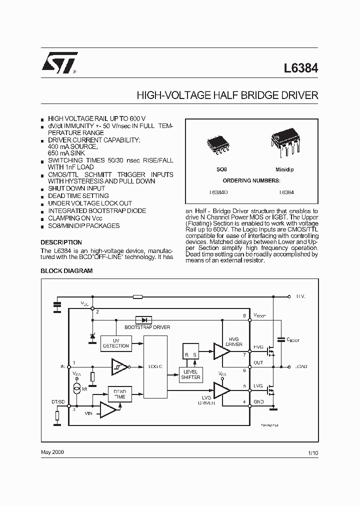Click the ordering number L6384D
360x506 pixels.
tap(218, 192)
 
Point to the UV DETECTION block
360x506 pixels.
tap(115, 342)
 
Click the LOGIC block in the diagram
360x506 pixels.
tap(154, 366)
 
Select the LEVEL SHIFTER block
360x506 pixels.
tap(190, 375)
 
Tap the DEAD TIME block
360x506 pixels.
tap(119, 393)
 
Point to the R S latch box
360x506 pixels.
tap(190, 351)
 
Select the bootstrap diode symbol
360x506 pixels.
tap(144, 319)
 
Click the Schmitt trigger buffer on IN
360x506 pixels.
tap(119, 366)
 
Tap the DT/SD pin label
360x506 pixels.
tap(58, 402)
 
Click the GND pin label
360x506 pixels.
tap(259, 401)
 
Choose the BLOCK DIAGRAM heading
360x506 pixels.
tap(66, 270)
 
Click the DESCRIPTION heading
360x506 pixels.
tap(61, 242)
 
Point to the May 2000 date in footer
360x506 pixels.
tap(52, 451)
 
